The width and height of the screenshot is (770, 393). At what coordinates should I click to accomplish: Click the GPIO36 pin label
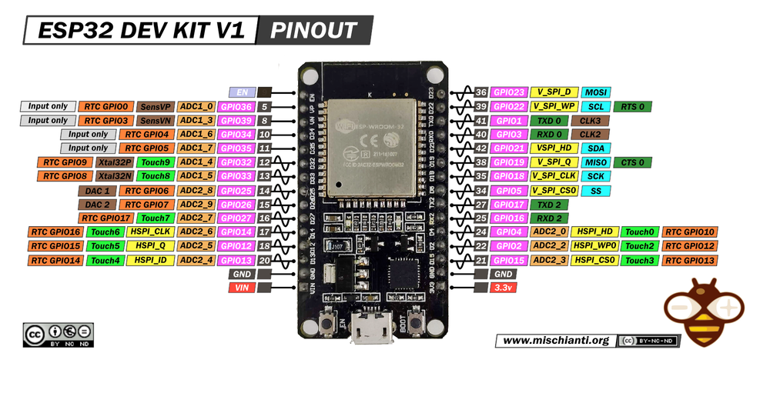coord(236,107)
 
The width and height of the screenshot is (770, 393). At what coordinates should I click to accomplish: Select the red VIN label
coord(241,288)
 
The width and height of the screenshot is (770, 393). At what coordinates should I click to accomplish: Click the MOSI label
coord(597,92)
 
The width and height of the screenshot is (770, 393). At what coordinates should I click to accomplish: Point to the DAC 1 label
coord(97,191)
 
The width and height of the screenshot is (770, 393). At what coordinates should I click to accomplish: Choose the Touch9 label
coord(155,162)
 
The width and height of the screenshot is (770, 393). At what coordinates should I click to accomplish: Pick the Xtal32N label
coord(114,176)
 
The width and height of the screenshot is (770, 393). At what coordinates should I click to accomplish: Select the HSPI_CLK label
coord(150,232)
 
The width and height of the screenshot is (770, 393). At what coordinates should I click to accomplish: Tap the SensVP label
coord(155,107)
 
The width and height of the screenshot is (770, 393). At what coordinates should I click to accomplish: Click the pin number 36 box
coord(480,92)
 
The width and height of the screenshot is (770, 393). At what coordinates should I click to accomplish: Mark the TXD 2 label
coord(549,205)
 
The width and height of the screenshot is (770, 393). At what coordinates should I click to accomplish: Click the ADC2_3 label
coord(549,261)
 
